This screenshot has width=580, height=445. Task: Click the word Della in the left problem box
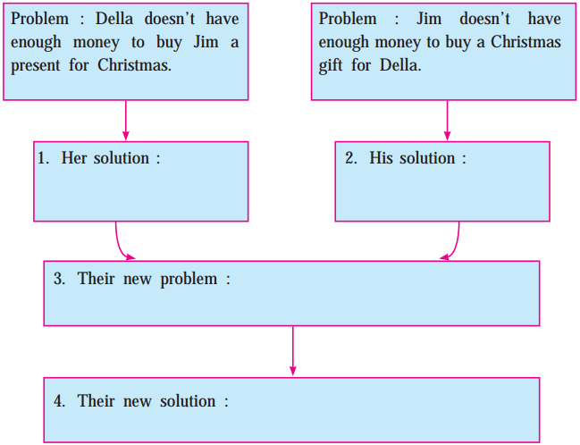pyautogui.click(x=113, y=19)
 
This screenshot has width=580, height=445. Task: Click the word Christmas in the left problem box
pyautogui.click(x=134, y=65)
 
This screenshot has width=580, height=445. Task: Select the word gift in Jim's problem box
pyautogui.click(x=331, y=66)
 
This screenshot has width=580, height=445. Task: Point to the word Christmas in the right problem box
pyautogui.click(x=525, y=42)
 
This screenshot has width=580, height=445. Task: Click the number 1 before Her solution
pyautogui.click(x=43, y=158)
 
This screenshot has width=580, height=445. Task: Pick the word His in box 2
pyautogui.click(x=381, y=158)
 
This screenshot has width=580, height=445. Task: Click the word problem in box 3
pyautogui.click(x=189, y=280)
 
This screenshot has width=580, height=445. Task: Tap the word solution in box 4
pyautogui.click(x=188, y=401)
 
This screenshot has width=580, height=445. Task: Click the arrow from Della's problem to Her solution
pyautogui.click(x=126, y=121)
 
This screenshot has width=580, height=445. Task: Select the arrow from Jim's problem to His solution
pyautogui.click(x=447, y=121)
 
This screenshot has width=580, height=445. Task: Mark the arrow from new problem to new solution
pyautogui.click(x=293, y=350)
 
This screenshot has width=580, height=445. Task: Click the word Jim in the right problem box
pyautogui.click(x=429, y=19)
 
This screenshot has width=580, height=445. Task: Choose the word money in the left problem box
pyautogui.click(x=97, y=43)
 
